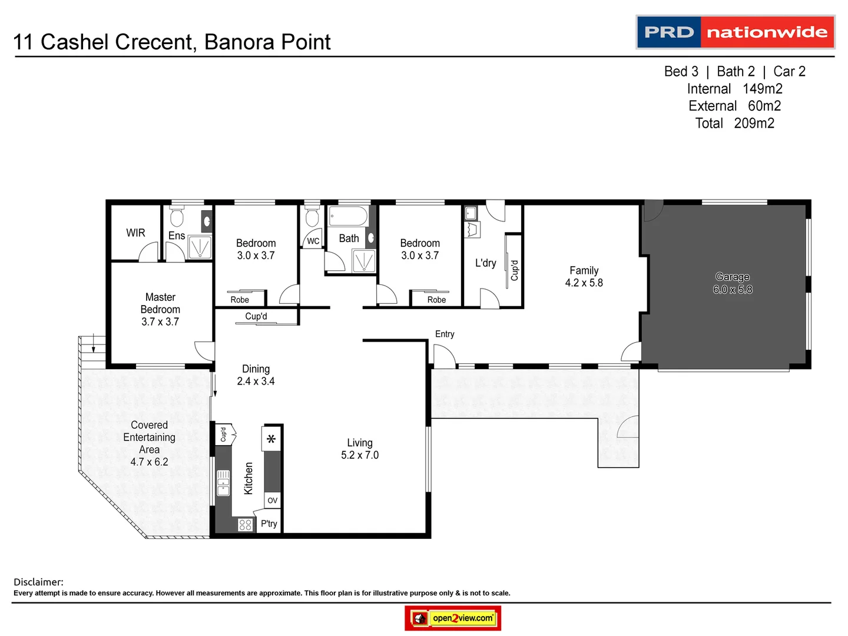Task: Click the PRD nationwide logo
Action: click(x=736, y=32)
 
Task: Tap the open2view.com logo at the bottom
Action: click(x=453, y=618)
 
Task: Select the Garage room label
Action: click(x=732, y=277)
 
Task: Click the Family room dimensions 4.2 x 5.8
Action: click(x=584, y=283)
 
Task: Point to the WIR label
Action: click(x=135, y=233)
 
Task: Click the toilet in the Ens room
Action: click(x=177, y=217)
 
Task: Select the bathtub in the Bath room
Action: click(x=347, y=216)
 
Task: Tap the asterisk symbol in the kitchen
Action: click(x=271, y=439)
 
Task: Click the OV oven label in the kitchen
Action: click(x=272, y=501)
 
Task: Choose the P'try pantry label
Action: click(x=269, y=524)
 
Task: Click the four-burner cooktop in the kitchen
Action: click(x=246, y=525)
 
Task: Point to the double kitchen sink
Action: click(x=223, y=483)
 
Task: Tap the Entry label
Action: click(x=445, y=334)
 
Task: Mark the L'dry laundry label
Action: click(x=485, y=263)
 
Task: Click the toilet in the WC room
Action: click(x=312, y=217)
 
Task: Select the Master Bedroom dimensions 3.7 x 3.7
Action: click(x=160, y=322)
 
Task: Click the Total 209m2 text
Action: click(x=734, y=123)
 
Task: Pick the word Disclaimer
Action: click(x=38, y=582)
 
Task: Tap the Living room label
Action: click(x=359, y=443)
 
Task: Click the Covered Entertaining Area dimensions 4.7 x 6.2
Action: click(x=149, y=462)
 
